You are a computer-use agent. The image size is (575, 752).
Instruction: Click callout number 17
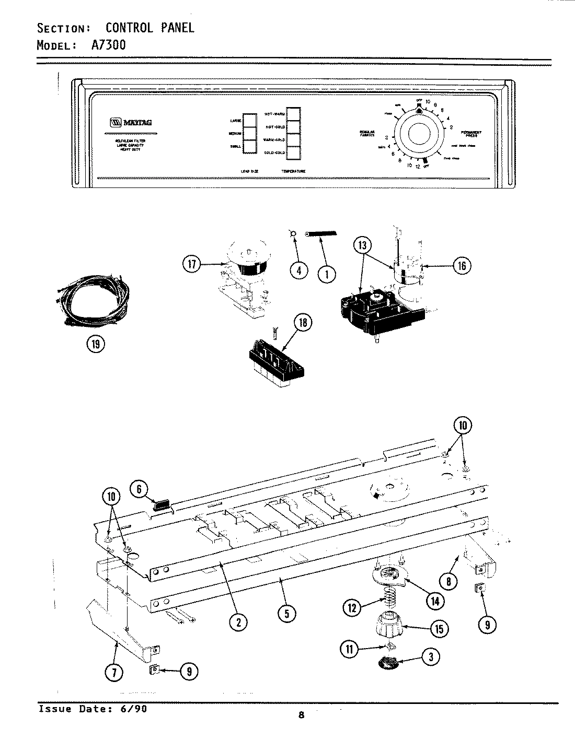(x=192, y=265)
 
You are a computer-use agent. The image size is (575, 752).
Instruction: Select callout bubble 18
(x=302, y=323)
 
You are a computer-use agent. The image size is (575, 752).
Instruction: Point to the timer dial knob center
(x=417, y=135)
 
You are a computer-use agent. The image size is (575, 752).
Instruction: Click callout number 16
(x=462, y=266)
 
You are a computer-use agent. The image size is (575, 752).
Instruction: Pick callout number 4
(x=299, y=272)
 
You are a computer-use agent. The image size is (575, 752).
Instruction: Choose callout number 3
(x=430, y=657)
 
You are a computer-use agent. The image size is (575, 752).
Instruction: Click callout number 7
(x=115, y=672)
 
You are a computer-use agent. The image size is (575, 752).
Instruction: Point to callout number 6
(x=139, y=488)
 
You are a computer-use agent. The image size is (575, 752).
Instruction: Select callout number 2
(x=238, y=621)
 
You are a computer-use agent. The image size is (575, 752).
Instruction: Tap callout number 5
(x=286, y=614)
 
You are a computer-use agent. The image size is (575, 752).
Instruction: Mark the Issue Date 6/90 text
(x=89, y=709)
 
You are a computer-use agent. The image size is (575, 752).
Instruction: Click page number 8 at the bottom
(x=301, y=715)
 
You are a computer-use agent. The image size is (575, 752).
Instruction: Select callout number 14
(x=434, y=601)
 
